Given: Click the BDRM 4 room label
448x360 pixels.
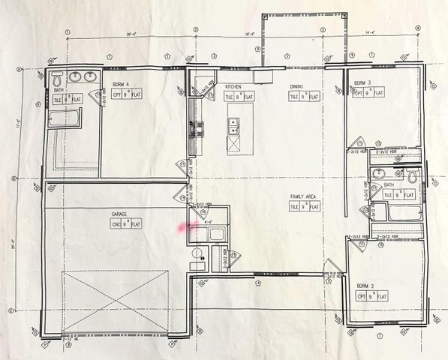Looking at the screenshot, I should [119, 85].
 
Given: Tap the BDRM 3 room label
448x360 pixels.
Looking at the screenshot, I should [363, 82].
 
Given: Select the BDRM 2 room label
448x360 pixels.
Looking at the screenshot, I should [365, 286].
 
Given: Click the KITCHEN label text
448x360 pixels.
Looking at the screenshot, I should [233, 87].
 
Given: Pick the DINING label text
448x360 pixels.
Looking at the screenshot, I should [296, 87].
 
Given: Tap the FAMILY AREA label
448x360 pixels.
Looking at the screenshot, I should [304, 196].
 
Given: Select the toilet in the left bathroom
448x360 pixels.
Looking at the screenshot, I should [57, 77].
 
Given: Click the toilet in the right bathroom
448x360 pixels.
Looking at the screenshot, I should [412, 178].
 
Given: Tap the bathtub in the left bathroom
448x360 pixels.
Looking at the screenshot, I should [64, 118].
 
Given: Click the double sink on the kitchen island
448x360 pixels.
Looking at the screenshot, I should [234, 125].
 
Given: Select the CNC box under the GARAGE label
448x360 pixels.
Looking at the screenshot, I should [116, 223].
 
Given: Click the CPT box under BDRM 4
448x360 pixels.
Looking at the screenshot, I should [117, 95].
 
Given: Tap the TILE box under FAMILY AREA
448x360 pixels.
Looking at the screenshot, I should [295, 206].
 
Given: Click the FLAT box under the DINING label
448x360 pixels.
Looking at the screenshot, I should [313, 96].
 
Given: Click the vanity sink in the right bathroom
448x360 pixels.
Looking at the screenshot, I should [378, 175].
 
